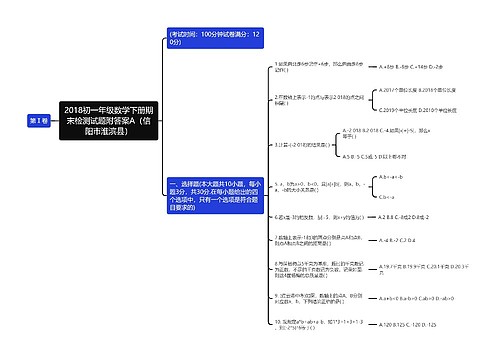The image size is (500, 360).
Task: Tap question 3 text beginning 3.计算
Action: click(x=306, y=144)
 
